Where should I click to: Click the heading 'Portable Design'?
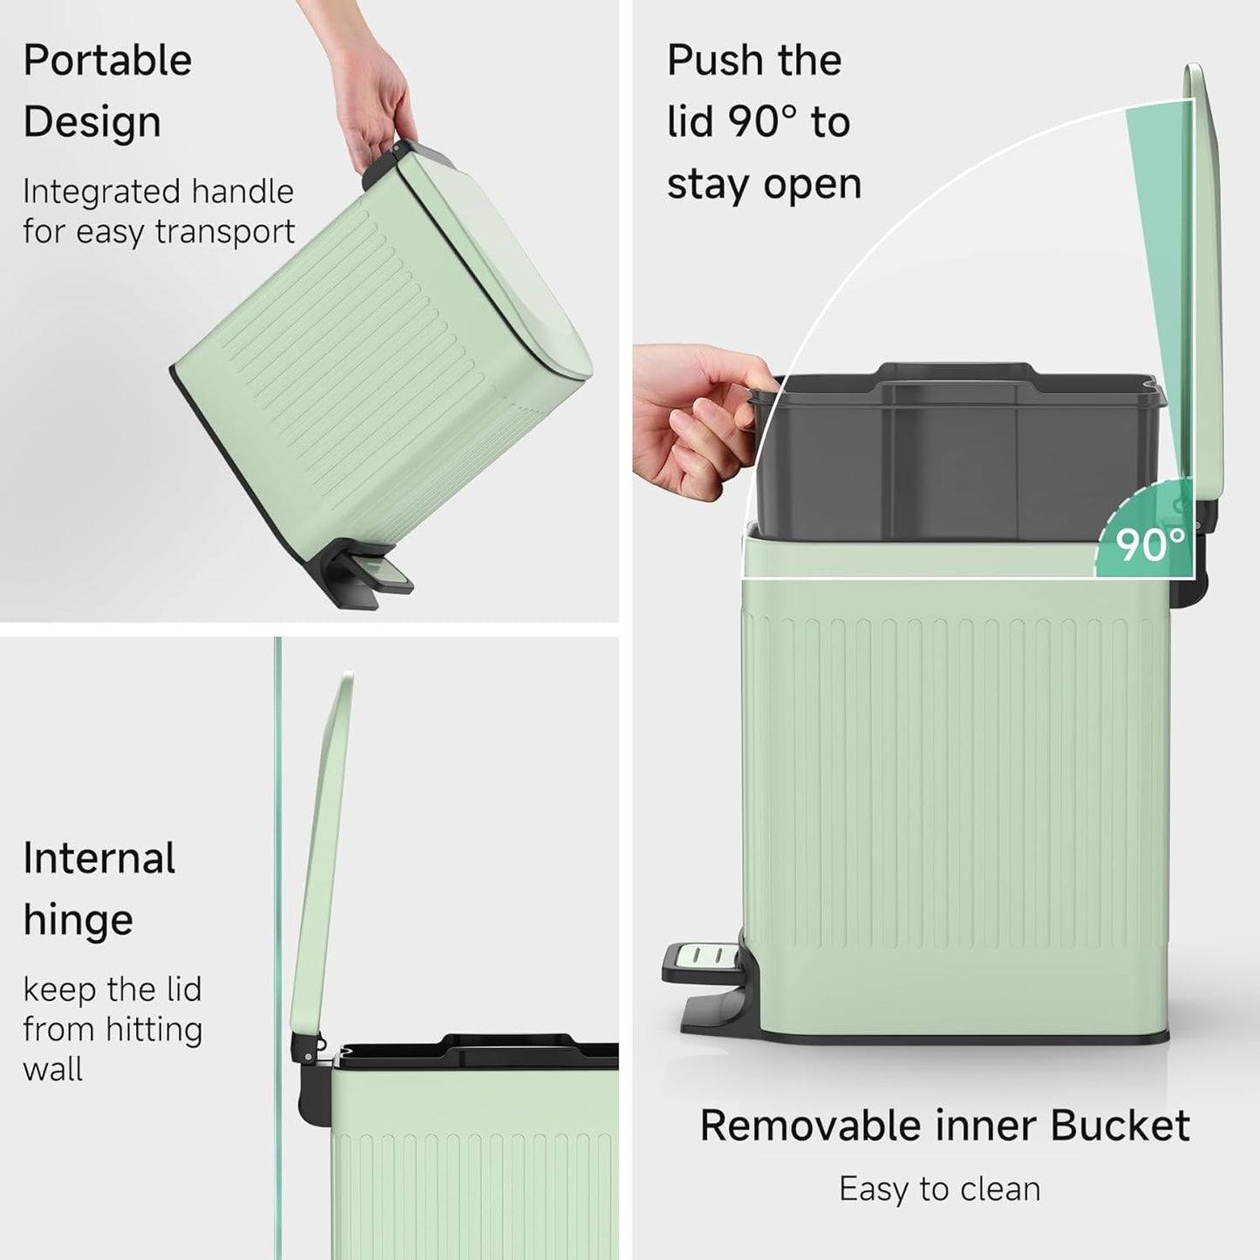pos(107,91)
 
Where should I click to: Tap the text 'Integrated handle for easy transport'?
pos(159,212)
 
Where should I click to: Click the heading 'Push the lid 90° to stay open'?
pos(764,122)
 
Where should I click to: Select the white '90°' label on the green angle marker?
pos(1150,545)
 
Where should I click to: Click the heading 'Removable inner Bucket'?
pos(944,1125)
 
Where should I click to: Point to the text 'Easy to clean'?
pos(939,1189)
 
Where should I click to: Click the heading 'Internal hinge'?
pos(99,889)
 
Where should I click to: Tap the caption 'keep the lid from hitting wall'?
pos(112,1029)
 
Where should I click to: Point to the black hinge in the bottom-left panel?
pos(310,1073)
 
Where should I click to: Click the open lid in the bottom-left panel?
pos(323,855)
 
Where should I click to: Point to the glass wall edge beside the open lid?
pos(278,872)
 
